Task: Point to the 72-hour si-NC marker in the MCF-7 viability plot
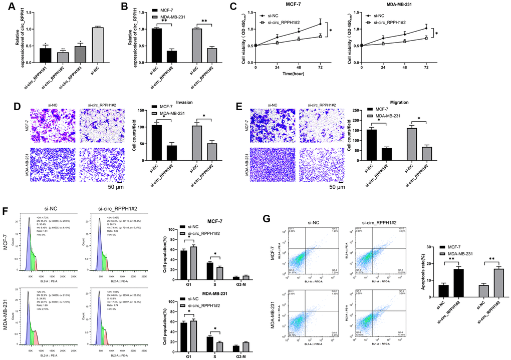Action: (320, 24)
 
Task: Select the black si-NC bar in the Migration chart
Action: (372, 147)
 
